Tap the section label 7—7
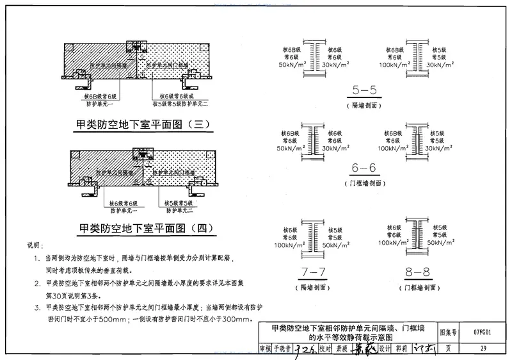(311, 272)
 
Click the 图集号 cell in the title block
(449, 333)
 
